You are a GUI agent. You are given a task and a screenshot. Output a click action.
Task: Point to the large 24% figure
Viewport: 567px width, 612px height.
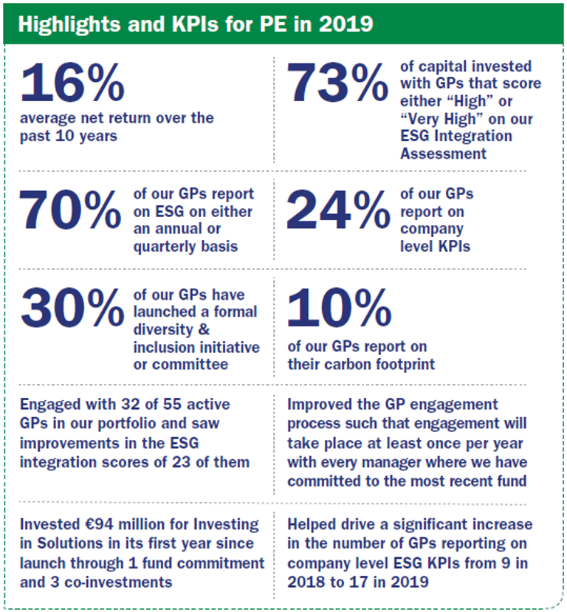pos(337,210)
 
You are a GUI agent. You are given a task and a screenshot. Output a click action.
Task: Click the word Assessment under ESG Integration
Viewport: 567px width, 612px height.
pos(443,154)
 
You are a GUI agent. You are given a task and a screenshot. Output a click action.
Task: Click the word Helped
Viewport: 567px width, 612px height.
pos(310,525)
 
